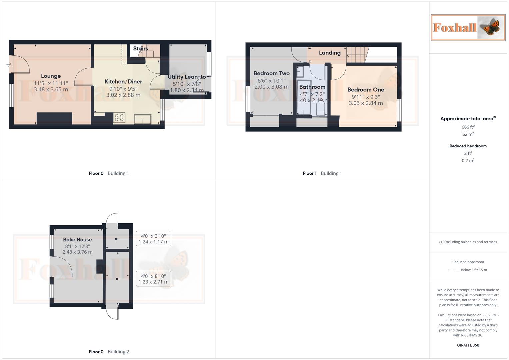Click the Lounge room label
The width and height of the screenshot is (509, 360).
point(51,76)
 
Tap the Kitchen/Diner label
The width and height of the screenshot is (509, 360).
point(123,82)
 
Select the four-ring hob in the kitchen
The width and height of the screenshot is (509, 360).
point(119,118)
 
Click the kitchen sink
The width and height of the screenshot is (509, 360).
point(143,119)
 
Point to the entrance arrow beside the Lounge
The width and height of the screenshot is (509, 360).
point(9,64)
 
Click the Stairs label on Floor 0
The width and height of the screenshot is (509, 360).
point(140,49)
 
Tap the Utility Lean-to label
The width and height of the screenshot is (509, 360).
point(187,77)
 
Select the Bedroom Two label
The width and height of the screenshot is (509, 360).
point(271,73)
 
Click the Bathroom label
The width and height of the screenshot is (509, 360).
point(312,87)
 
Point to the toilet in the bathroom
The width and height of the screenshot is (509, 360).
point(320,109)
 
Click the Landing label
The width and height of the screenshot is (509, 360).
point(330,53)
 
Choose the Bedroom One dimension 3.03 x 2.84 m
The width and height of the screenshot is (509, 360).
point(366,103)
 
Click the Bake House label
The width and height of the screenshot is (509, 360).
point(77,240)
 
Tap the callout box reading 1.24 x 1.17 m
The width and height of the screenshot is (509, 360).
point(154,239)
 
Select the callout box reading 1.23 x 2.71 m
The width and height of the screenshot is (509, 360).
point(154,279)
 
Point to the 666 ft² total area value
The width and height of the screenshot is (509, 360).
point(468,127)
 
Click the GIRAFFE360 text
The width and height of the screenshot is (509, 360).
point(468,345)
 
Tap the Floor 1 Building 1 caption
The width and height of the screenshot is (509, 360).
point(322,173)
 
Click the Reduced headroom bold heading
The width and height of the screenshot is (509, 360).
point(468,146)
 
